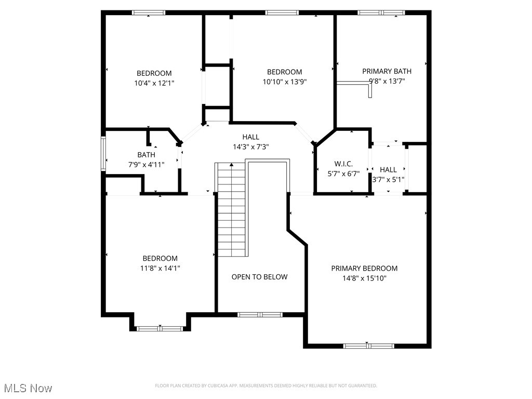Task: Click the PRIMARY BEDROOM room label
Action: click(364, 268)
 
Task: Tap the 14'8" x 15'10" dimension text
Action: click(364, 278)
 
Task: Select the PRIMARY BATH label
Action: click(387, 71)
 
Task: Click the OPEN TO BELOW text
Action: click(259, 277)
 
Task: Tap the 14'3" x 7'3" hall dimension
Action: click(250, 147)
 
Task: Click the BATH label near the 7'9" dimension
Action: click(146, 155)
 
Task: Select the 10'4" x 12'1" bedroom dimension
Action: click(154, 83)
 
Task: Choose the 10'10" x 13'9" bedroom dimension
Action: click(284, 82)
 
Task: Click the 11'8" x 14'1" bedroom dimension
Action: click(160, 268)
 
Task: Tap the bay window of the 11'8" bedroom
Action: click(160, 328)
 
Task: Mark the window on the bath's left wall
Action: click(104, 154)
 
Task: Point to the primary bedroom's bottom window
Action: click(368, 345)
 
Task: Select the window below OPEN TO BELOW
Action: click(260, 314)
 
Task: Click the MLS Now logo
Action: click(28, 388)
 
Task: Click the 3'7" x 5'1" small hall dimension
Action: click(388, 180)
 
